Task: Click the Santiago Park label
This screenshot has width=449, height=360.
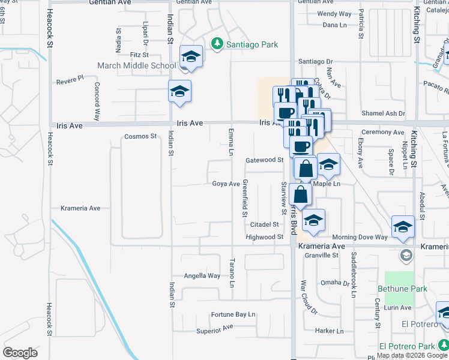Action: pos(252,44)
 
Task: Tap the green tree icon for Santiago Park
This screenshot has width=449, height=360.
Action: pos(217,44)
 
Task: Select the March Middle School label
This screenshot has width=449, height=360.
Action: pos(138,65)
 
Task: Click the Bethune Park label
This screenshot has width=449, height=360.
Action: pos(402,289)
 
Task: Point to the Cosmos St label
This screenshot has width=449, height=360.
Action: pos(140,136)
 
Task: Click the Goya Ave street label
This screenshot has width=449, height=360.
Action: pos(226,184)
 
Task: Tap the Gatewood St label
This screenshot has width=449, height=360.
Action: pos(264,160)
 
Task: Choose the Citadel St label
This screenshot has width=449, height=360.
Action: pos(264,224)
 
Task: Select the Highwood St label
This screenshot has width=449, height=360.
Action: pos(264,237)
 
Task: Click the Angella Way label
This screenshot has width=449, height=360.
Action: pos(202,276)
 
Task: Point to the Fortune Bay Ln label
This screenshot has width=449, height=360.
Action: pos(233,314)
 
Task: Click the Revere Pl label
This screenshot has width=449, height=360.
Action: pos(70,79)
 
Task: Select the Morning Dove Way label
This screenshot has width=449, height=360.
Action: pos(360,237)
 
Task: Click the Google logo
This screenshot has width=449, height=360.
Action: pos(20,352)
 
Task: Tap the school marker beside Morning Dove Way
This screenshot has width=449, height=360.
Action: pos(403,227)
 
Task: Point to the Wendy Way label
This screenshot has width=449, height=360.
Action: pos(334,14)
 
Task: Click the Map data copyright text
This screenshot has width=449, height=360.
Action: pos(412,355)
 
